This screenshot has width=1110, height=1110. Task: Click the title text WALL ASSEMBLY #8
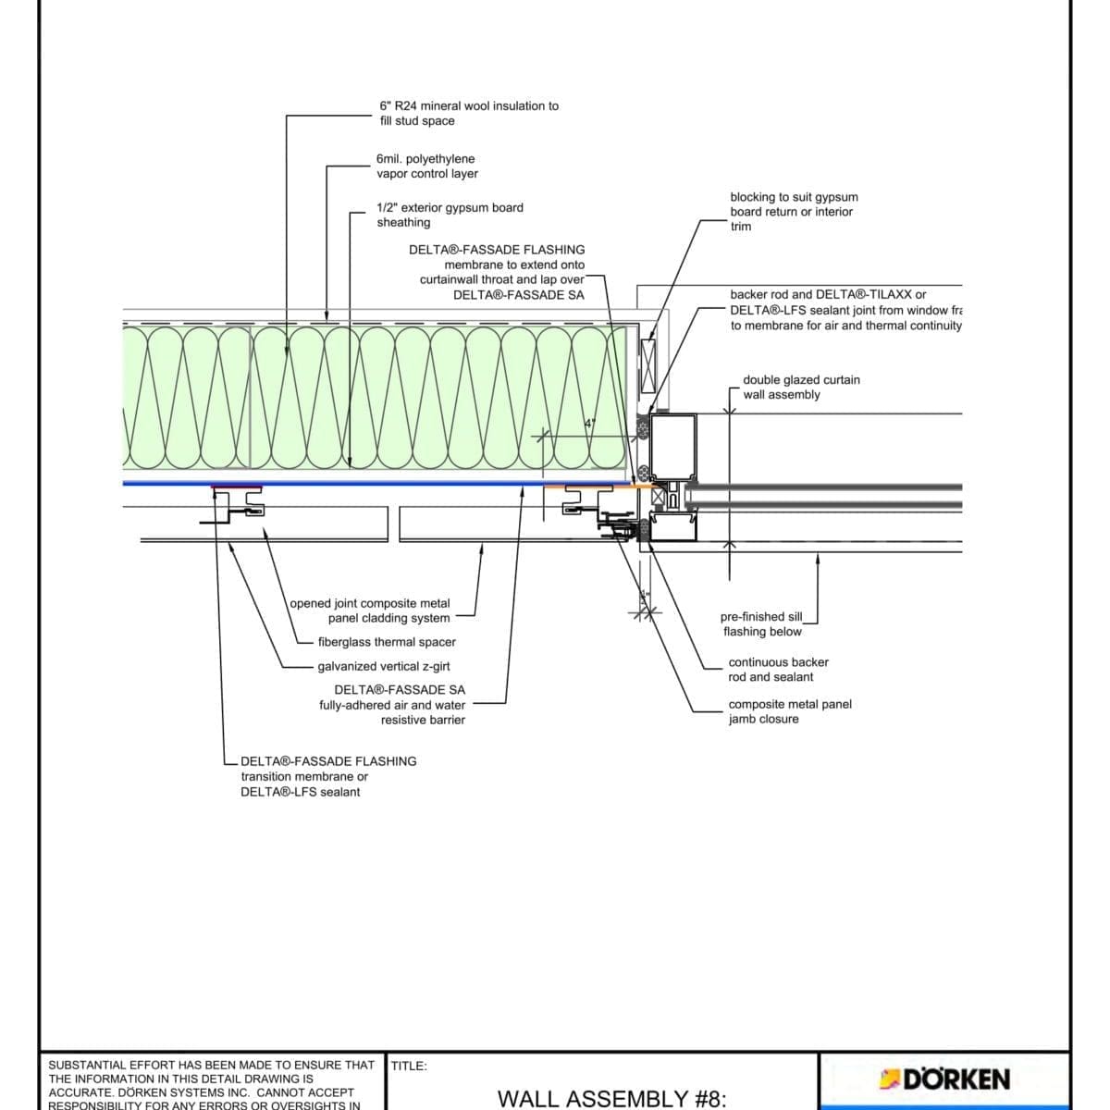click(612, 1098)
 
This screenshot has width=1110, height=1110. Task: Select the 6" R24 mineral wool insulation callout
click(468, 113)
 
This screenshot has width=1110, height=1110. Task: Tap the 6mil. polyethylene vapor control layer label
click(426, 166)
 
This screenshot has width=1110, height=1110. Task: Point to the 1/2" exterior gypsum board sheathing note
click(449, 215)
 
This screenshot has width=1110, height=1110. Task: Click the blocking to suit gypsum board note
click(793, 211)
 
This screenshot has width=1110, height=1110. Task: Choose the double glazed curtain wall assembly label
click(800, 387)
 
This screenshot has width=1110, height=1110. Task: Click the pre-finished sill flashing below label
click(761, 623)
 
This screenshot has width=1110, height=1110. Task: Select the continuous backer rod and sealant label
click(777, 669)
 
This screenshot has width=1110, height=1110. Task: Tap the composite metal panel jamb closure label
click(789, 711)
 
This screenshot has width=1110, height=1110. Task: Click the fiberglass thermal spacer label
click(386, 642)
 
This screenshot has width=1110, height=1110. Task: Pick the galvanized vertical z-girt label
click(383, 666)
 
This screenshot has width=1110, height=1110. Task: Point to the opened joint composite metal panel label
click(370, 610)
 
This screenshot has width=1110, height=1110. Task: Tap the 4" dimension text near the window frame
click(588, 424)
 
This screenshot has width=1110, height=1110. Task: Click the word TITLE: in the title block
click(408, 1066)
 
